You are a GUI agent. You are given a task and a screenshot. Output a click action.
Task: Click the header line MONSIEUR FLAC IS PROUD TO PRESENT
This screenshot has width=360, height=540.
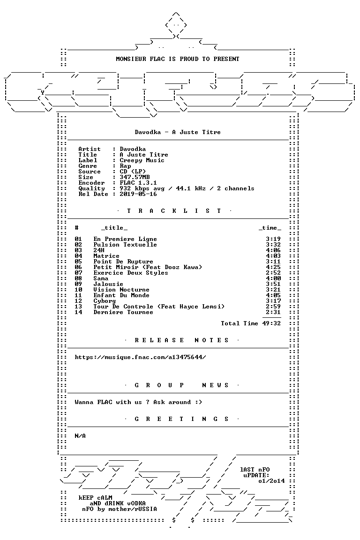pos(177,59)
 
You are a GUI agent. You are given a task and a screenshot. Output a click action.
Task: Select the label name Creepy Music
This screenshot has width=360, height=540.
pos(142,160)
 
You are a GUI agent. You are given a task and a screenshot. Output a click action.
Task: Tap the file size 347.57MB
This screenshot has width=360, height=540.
pos(135,177)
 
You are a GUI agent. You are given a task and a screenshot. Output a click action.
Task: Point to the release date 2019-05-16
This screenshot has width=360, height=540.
pos(138,194)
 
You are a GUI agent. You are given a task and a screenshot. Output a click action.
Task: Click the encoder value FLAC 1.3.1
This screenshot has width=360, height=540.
pos(138,183)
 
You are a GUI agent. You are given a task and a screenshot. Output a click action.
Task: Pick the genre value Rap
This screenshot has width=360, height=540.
pos(126,166)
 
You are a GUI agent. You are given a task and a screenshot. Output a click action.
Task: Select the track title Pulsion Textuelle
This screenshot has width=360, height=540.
pos(125,245)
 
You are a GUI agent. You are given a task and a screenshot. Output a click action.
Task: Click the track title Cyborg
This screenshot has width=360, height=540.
pos(105,301)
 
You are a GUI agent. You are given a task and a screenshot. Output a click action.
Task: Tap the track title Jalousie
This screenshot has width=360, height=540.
pos(108,284)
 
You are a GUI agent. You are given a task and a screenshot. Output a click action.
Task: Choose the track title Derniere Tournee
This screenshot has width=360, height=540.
pos(123,312)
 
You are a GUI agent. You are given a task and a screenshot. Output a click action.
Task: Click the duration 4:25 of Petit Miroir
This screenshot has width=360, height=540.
pos(273,267)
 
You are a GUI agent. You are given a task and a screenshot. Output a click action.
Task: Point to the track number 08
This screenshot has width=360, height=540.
pos(78,278)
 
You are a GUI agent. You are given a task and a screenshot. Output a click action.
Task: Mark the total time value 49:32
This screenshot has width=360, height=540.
pos(271,323)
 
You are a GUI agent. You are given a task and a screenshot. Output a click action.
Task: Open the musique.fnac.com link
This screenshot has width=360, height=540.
pos(140,357)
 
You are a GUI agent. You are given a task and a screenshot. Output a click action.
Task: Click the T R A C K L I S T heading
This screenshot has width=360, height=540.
pos(174,211)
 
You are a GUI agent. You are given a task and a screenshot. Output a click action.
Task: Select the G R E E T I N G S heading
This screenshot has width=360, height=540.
pos(181,419)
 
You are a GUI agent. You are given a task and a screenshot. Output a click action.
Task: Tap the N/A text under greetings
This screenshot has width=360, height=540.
pos(80,436)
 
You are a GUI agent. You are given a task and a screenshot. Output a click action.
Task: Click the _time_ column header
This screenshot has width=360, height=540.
pos(270,228)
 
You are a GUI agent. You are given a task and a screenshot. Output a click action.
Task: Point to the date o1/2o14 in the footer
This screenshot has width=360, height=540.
pos(271,481)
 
